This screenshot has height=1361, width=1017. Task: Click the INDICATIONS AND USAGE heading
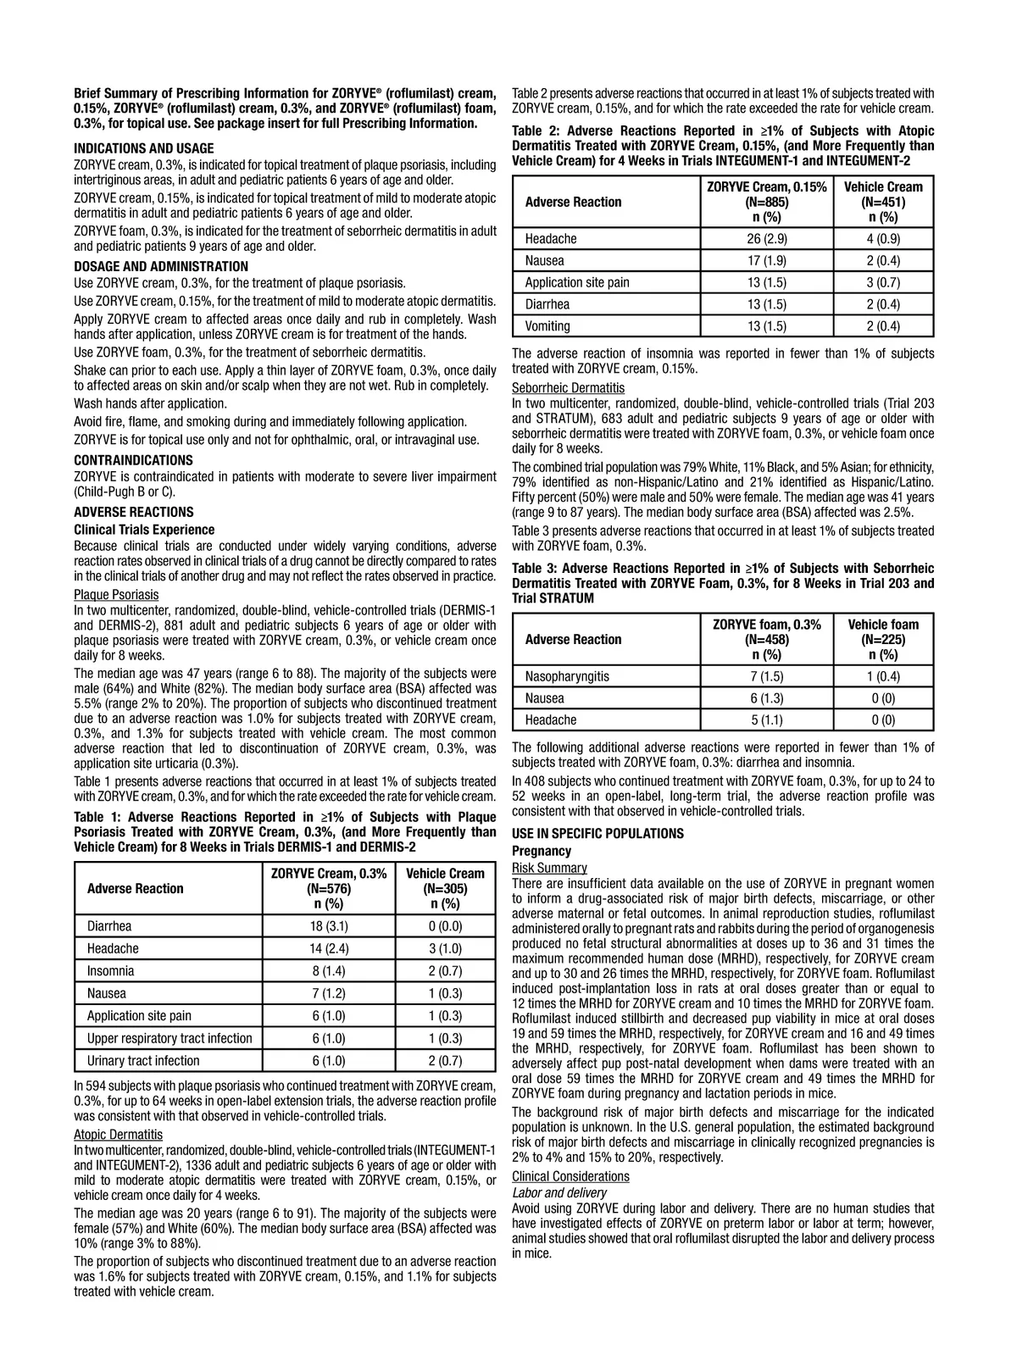click(143, 148)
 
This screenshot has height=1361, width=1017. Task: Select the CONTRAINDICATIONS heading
click(133, 460)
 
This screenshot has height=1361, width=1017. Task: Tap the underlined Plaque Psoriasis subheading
click(116, 595)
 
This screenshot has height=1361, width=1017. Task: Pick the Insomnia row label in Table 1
click(110, 971)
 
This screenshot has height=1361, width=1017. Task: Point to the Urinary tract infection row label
click(143, 1060)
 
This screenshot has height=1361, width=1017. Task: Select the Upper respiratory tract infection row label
click(169, 1038)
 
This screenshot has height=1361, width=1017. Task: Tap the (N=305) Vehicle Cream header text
click(445, 889)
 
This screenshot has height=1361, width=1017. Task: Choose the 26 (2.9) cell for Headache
click(767, 239)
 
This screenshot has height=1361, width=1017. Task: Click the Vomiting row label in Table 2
click(547, 326)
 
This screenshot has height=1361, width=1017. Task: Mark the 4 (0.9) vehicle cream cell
click(883, 239)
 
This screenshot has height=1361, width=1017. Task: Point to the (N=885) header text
click(767, 203)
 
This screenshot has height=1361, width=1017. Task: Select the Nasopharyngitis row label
click(567, 676)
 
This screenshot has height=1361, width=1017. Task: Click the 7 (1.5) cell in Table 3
click(767, 676)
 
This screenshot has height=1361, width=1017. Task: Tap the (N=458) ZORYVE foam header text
click(767, 640)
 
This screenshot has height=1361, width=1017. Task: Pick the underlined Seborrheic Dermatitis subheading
click(568, 388)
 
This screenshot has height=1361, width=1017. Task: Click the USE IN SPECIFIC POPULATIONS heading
click(597, 834)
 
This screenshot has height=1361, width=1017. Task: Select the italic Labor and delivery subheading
click(559, 1192)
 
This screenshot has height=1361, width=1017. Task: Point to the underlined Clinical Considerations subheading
click(570, 1176)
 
